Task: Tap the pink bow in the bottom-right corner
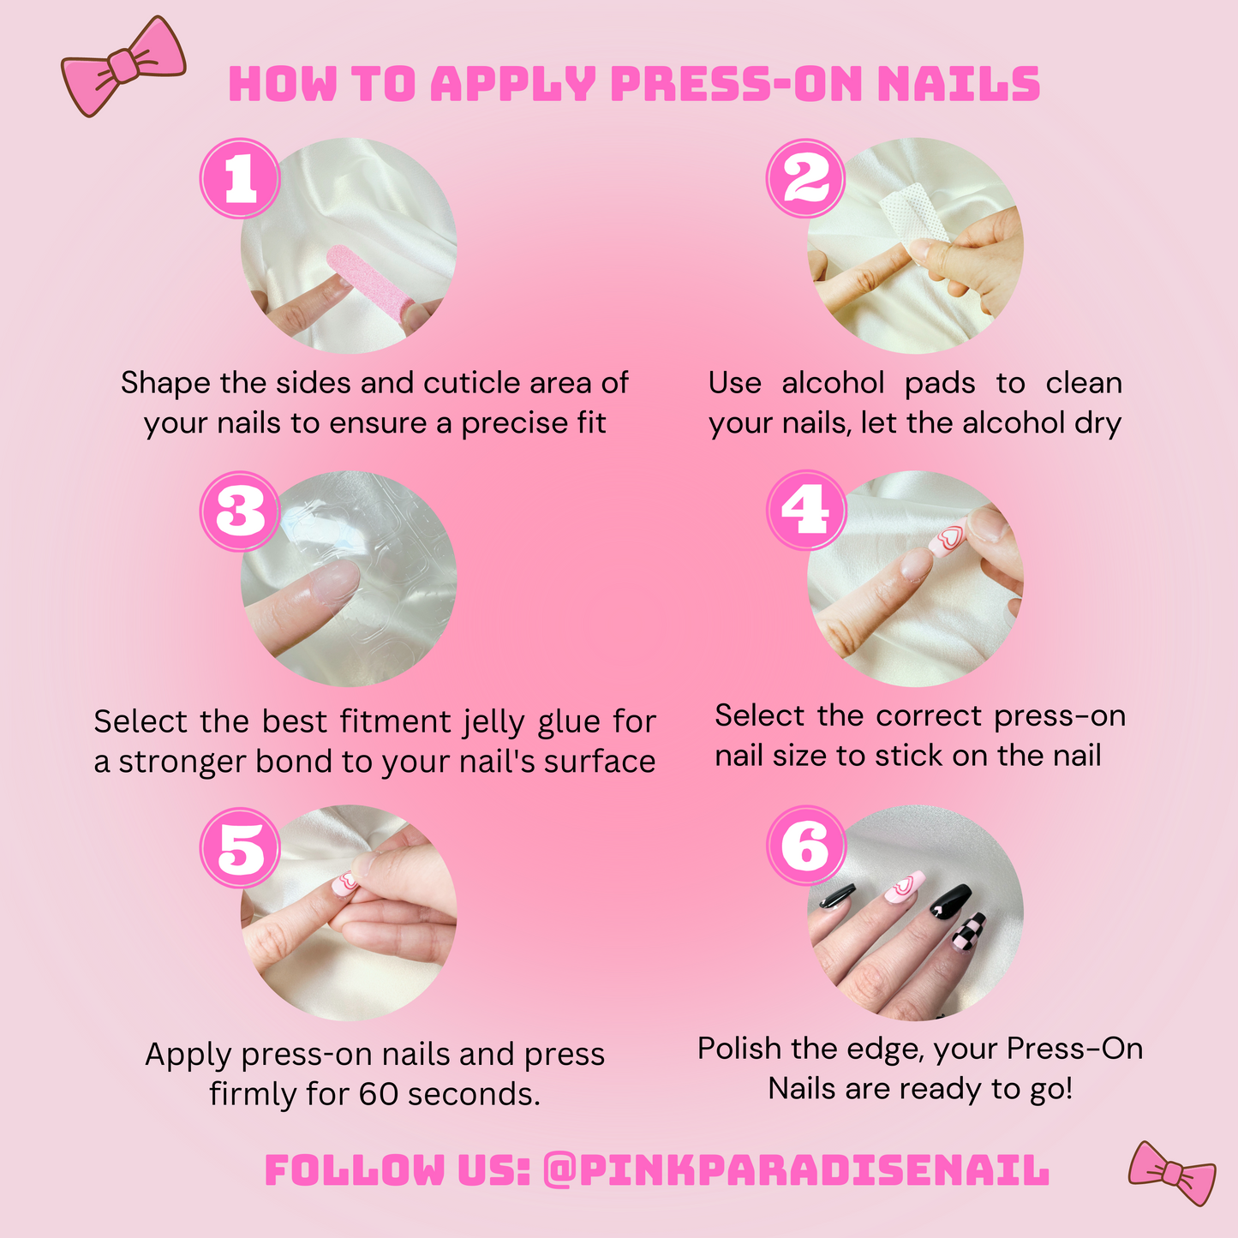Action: pos(1172,1173)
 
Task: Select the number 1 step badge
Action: pos(240,178)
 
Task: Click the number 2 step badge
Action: pos(805,178)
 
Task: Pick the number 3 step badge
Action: pos(240,511)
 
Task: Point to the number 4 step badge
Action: pos(805,511)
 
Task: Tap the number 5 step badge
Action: pos(240,846)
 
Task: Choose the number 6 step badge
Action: pos(805,846)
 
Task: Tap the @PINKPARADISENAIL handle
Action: pos(796,1170)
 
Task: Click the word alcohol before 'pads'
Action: pos(834,383)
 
